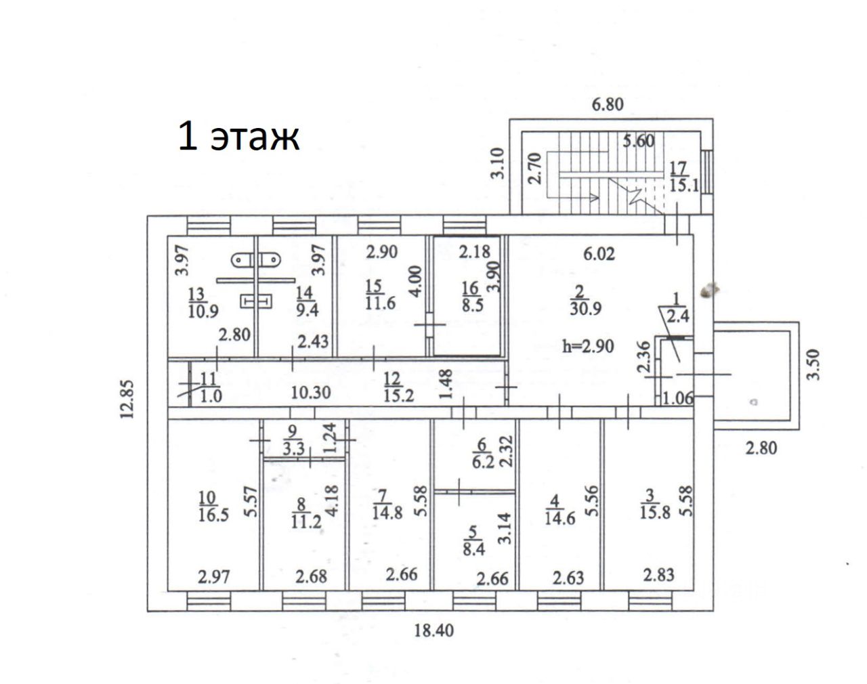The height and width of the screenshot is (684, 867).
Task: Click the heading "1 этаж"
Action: (238, 136)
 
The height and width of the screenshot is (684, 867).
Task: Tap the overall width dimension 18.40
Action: (433, 630)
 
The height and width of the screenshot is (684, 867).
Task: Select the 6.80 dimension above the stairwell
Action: (607, 105)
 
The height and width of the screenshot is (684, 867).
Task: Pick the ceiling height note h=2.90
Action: (588, 346)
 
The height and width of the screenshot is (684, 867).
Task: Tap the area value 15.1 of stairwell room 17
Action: (683, 184)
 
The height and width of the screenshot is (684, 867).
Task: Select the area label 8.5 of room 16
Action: (469, 304)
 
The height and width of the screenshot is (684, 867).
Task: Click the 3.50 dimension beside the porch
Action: (813, 364)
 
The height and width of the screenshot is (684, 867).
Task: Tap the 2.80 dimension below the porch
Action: (761, 447)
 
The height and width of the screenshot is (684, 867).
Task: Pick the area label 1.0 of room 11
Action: (211, 396)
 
